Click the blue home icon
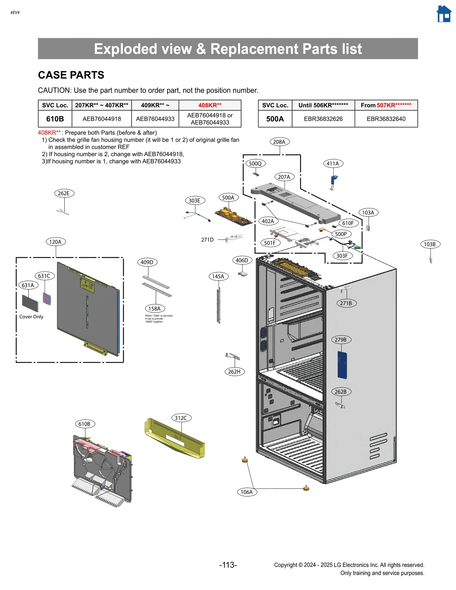[444, 14]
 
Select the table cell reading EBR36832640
[386, 119]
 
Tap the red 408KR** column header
[210, 105]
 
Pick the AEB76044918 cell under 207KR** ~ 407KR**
[102, 119]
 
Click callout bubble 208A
[279, 142]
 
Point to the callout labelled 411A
[333, 164]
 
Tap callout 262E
[64, 193]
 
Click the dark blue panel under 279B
[342, 365]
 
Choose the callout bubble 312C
[181, 418]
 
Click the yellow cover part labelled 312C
[174, 438]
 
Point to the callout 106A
[247, 492]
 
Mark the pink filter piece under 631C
[47, 298]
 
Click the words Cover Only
[31, 317]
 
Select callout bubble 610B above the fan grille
[85, 424]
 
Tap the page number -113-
[228, 565]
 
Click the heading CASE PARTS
[71, 75]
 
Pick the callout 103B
[430, 244]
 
